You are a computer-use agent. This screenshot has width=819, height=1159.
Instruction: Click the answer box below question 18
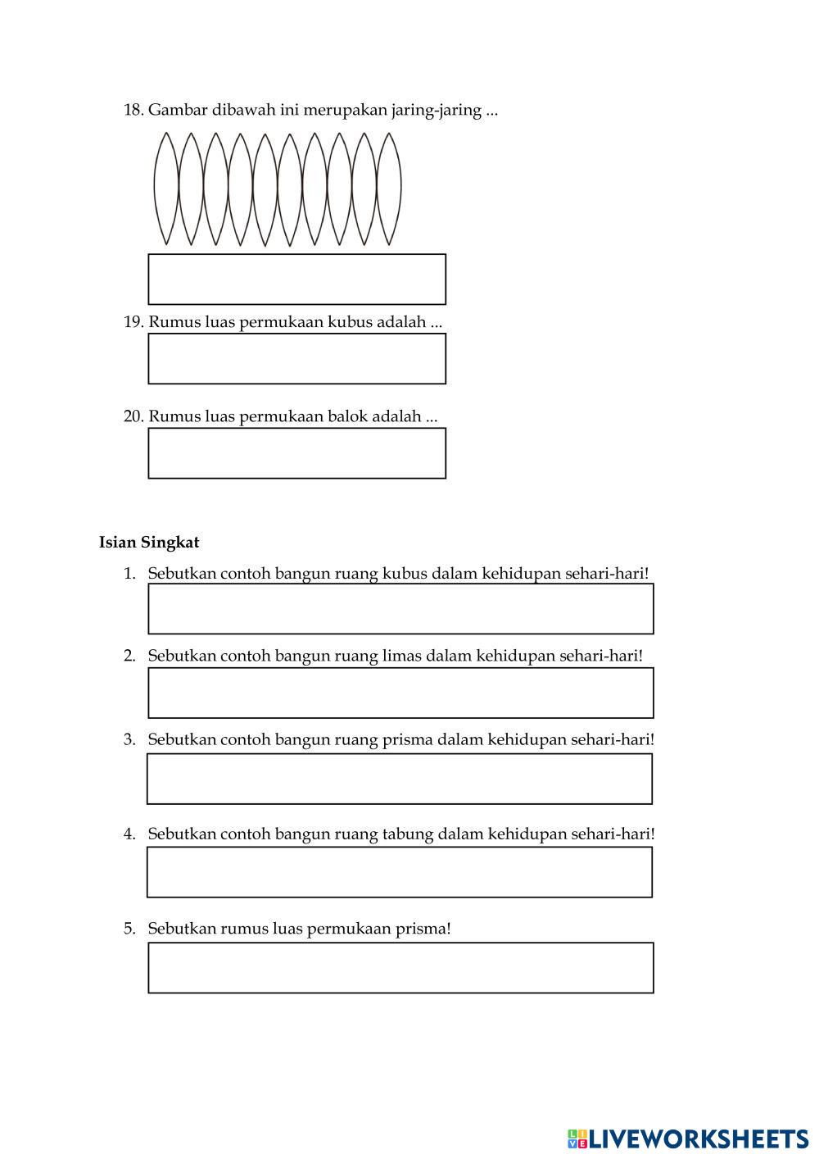pos(296,279)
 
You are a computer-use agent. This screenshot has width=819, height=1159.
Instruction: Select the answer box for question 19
pos(296,359)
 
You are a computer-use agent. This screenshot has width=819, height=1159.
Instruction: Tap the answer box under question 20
pos(296,453)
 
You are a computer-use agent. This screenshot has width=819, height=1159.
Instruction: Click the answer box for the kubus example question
pos(400,609)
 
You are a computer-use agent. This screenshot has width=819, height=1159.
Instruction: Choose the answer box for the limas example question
pos(400,693)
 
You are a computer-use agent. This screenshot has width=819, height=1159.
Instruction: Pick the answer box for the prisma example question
pos(400,779)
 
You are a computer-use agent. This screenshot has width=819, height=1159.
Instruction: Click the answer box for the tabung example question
pos(400,872)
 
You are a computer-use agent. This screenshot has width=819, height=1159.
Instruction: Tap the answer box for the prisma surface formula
pos(400,968)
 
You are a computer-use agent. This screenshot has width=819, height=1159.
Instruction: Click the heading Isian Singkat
pos(149,543)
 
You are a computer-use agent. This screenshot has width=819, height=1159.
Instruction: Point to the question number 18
pos(133,110)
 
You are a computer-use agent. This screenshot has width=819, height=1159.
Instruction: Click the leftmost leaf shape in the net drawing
pos(166,189)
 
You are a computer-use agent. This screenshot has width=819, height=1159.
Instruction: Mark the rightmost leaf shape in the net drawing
pos(388,189)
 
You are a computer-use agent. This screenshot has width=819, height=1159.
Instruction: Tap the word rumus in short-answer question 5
pos(245,929)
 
